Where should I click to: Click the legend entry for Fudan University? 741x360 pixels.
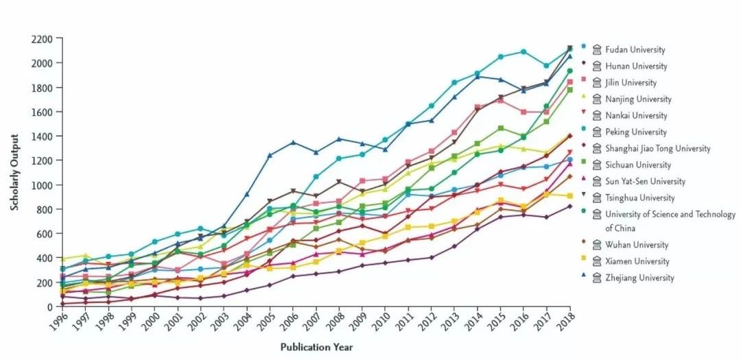tap(635, 49)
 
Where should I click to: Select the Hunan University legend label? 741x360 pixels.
tap(636, 67)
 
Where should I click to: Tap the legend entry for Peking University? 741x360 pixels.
tap(636, 132)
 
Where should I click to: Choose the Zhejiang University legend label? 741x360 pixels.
tap(639, 278)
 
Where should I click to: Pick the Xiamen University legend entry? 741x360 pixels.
tap(637, 261)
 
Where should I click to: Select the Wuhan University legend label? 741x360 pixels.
tap(636, 245)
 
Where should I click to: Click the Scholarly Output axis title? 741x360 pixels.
tap(14, 172)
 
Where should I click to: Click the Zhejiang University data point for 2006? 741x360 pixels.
tap(293, 143)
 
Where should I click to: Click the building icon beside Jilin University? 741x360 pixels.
tap(597, 83)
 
